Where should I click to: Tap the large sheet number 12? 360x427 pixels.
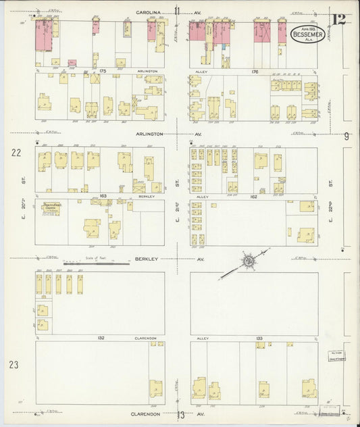click(338, 18)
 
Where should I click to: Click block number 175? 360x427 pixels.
click(103, 70)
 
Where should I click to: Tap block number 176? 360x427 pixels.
click(255, 70)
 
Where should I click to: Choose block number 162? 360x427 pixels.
click(255, 196)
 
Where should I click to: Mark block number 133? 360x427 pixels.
click(255, 336)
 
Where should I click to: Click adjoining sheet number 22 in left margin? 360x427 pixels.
click(15, 153)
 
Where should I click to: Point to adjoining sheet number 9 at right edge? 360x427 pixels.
click(346, 136)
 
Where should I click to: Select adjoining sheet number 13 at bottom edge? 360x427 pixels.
click(180, 416)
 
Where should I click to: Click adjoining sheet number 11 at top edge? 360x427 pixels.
click(178, 10)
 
